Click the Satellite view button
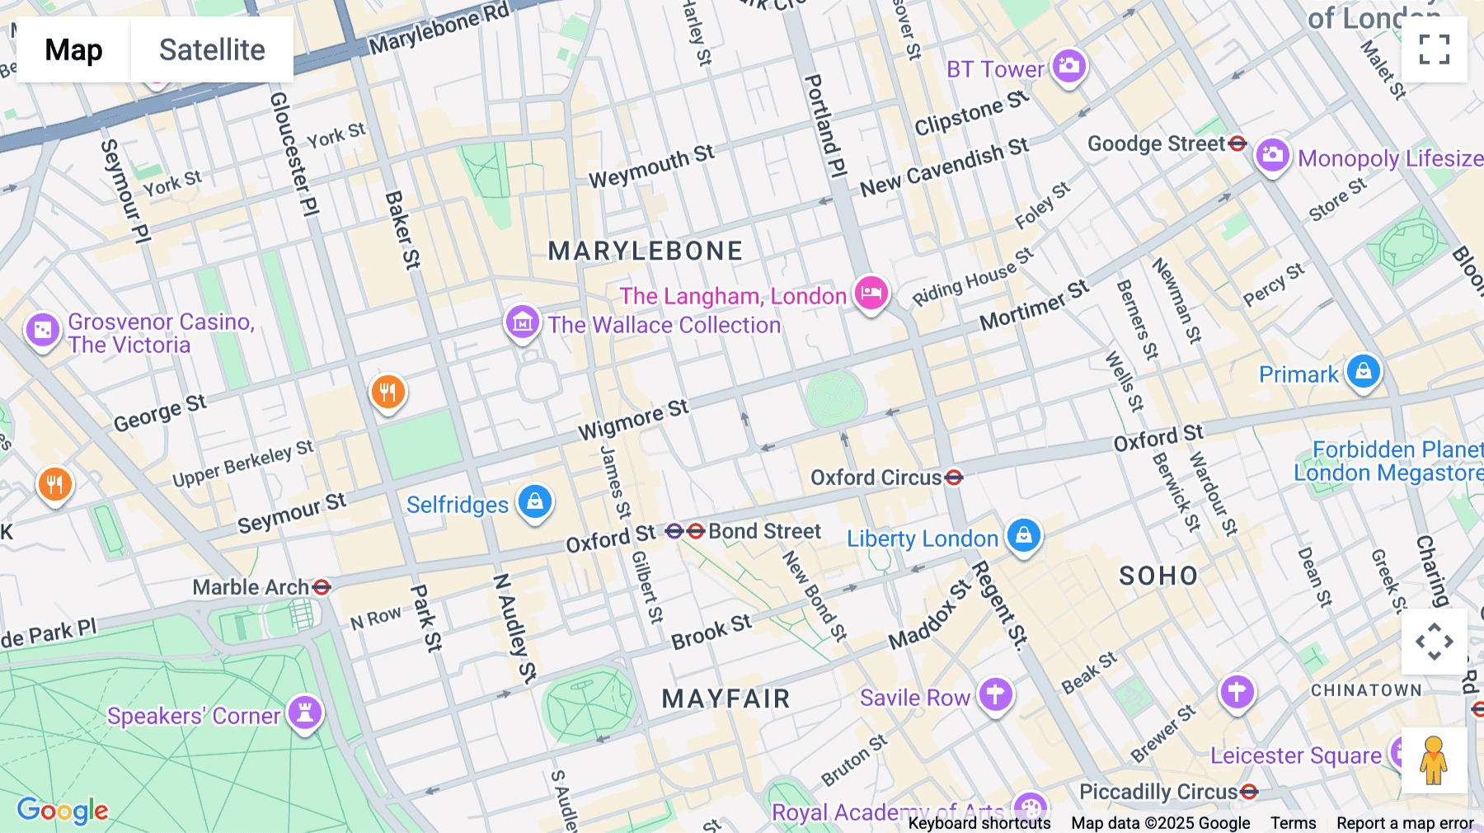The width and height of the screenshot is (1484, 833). coord(212,49)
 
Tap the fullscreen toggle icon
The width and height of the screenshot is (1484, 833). coord(1434,49)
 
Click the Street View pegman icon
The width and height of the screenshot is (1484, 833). coord(1434,760)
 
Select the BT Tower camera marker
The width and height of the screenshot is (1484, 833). coord(1069,66)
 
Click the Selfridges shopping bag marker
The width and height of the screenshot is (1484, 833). coord(535,501)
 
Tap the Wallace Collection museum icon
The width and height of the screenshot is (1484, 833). coord(522,322)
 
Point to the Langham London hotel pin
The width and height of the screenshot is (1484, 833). coord(871,293)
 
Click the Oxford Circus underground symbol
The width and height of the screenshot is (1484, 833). coord(954,477)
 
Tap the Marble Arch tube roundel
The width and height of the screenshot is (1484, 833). coord(322,587)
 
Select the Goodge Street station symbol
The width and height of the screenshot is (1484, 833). coord(1237,144)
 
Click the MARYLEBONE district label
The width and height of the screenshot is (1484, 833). coord(646,251)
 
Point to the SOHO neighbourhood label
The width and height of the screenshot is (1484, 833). coord(1158,576)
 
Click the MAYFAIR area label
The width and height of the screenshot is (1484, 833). coord(726,699)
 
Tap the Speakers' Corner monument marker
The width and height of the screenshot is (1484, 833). coord(305,712)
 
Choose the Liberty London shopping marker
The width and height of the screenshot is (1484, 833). coord(1024,535)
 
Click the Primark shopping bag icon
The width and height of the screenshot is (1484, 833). coord(1363,371)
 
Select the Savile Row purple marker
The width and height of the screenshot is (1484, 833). coord(995,694)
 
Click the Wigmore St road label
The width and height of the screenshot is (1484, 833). coord(632,420)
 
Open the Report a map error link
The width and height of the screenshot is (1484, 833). coord(1405,823)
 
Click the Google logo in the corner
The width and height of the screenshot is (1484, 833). coord(63,810)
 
